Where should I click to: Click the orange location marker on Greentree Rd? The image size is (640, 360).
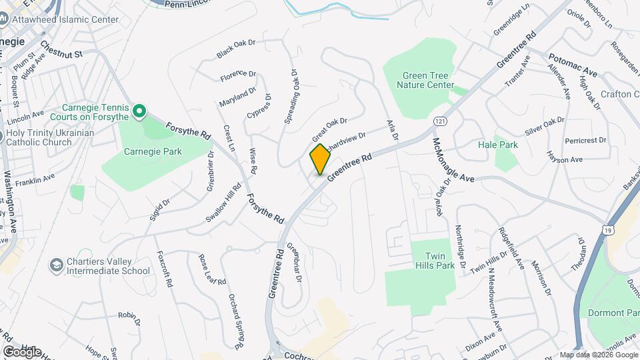point(320,159)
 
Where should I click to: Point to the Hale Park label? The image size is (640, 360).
point(507,145)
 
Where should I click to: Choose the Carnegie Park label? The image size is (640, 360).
point(153,151)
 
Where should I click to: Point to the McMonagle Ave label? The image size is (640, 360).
point(453,160)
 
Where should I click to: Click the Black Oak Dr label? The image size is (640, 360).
point(236,47)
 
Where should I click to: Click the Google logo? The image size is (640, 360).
point(21,351)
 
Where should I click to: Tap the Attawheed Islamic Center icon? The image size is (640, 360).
point(4,19)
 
